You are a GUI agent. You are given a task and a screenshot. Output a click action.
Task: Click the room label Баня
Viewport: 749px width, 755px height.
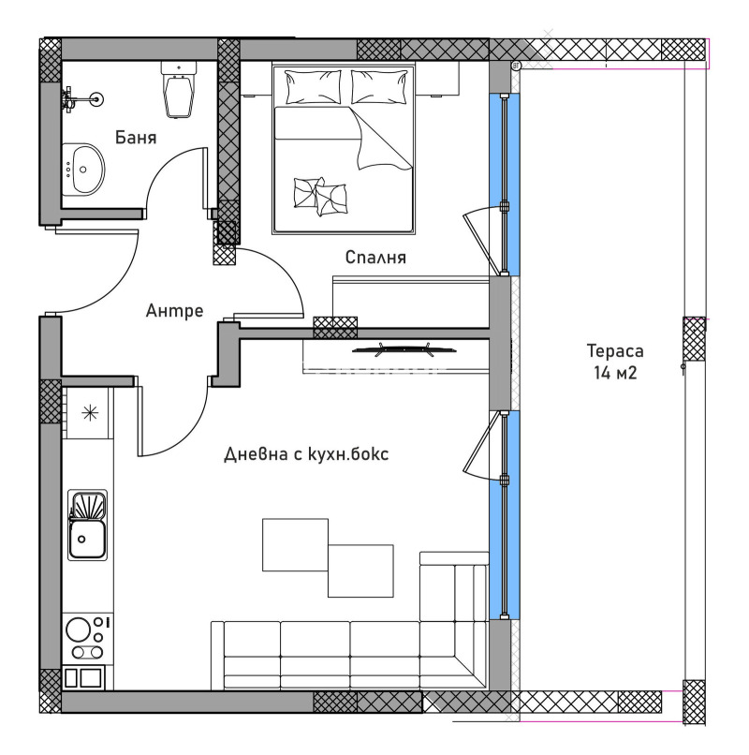coord(136,138)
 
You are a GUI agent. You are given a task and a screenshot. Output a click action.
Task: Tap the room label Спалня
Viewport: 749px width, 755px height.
coord(375,257)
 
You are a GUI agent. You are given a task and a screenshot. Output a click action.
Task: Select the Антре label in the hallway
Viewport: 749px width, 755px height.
coord(174,311)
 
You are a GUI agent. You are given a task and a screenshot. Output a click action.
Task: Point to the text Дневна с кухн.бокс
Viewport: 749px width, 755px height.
coord(306,453)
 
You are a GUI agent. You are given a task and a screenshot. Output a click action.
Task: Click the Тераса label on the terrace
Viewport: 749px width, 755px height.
coord(615,352)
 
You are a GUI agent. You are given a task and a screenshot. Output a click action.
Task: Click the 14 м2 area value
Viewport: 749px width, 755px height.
coord(615,372)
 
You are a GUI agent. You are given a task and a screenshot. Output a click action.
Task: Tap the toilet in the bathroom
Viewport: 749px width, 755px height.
coord(179,89)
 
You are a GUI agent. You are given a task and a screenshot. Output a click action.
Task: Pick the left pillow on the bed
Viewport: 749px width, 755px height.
coord(314,86)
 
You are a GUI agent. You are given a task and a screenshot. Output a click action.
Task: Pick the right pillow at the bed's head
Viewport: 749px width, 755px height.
coord(380,86)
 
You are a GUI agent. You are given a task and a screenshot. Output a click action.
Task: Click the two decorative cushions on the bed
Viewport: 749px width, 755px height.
coord(319,196)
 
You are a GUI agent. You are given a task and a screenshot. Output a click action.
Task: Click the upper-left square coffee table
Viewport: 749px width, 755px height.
coord(295,544)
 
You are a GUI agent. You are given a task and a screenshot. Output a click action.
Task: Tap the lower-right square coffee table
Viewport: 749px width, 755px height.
coord(360,570)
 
